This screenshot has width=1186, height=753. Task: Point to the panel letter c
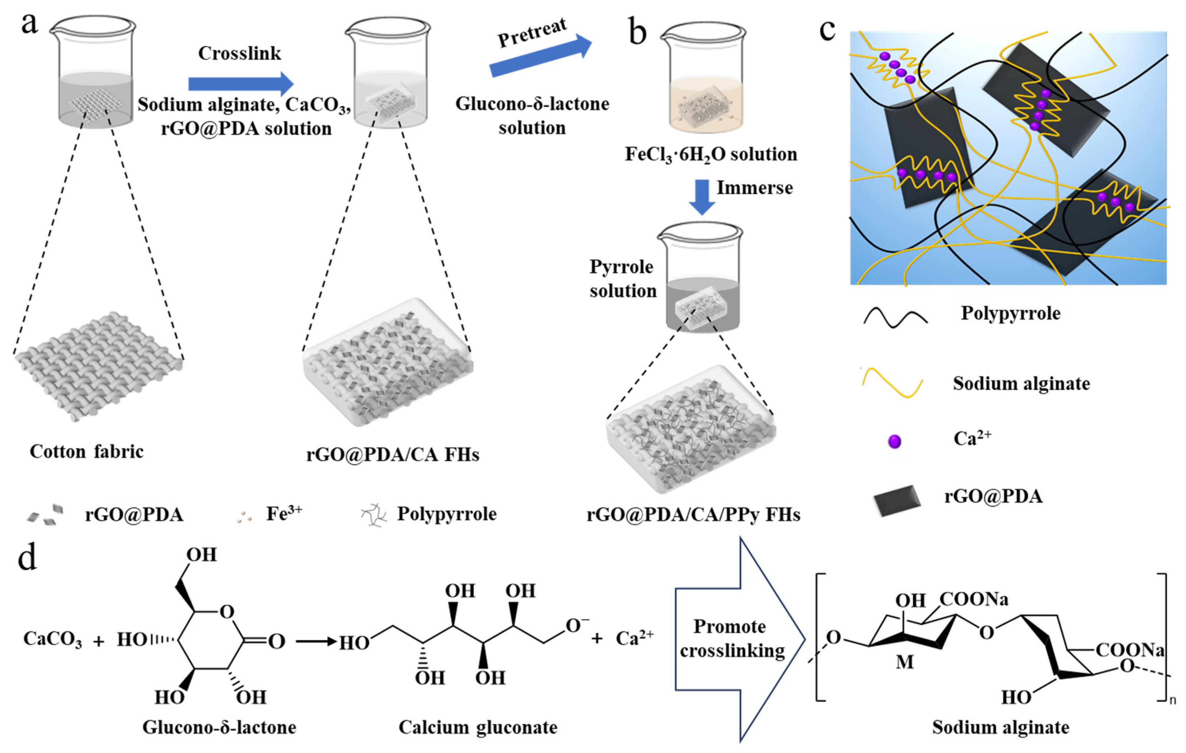(828, 29)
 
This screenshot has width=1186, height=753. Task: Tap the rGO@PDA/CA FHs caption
(392, 454)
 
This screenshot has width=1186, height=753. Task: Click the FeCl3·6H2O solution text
(711, 154)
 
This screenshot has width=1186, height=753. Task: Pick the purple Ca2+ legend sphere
(894, 441)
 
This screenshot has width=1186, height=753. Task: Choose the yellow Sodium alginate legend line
(892, 383)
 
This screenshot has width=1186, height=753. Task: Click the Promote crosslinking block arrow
(739, 639)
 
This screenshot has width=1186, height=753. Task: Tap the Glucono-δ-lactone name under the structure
(219, 727)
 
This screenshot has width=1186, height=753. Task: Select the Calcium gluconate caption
(478, 727)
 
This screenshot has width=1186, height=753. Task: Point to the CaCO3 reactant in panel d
(52, 639)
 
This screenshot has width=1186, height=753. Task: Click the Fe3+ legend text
(284, 514)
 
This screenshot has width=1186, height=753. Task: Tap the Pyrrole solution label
(622, 279)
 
